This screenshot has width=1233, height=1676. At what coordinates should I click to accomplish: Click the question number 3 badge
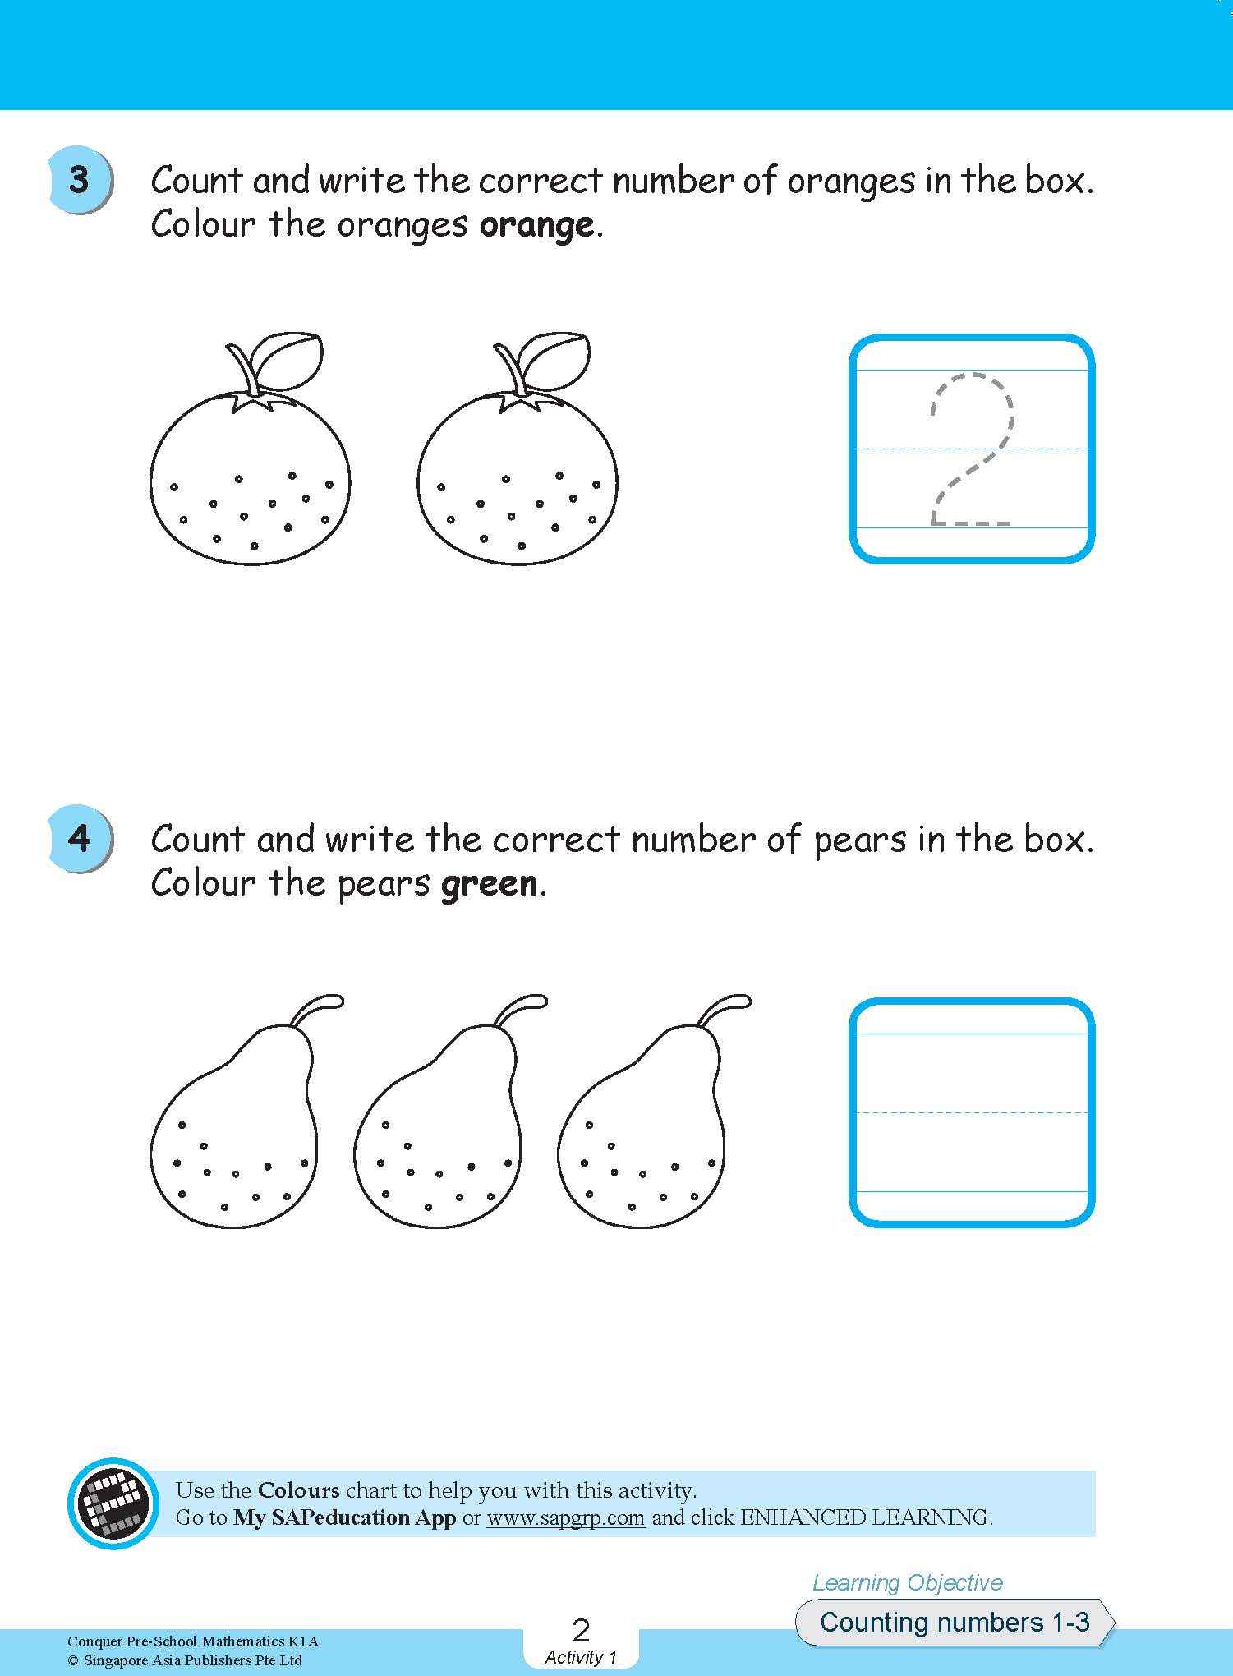pos(80,180)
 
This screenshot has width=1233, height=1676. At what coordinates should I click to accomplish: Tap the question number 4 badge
pos(80,838)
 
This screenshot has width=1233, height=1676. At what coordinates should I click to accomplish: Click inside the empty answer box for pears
pos(972,1112)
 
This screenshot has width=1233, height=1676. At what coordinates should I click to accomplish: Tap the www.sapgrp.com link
pos(565,1517)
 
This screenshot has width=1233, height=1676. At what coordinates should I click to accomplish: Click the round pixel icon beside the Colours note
pos(113,1503)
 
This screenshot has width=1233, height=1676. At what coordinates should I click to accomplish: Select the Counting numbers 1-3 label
pos(955,1622)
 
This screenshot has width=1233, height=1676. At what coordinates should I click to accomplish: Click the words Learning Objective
pos(908,1582)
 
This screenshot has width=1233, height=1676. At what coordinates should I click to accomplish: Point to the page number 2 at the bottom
pos(581,1630)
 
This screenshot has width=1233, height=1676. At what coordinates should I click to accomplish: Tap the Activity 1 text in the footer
pos(580,1657)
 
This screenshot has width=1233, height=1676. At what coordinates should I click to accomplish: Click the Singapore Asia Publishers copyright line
pos(185,1660)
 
